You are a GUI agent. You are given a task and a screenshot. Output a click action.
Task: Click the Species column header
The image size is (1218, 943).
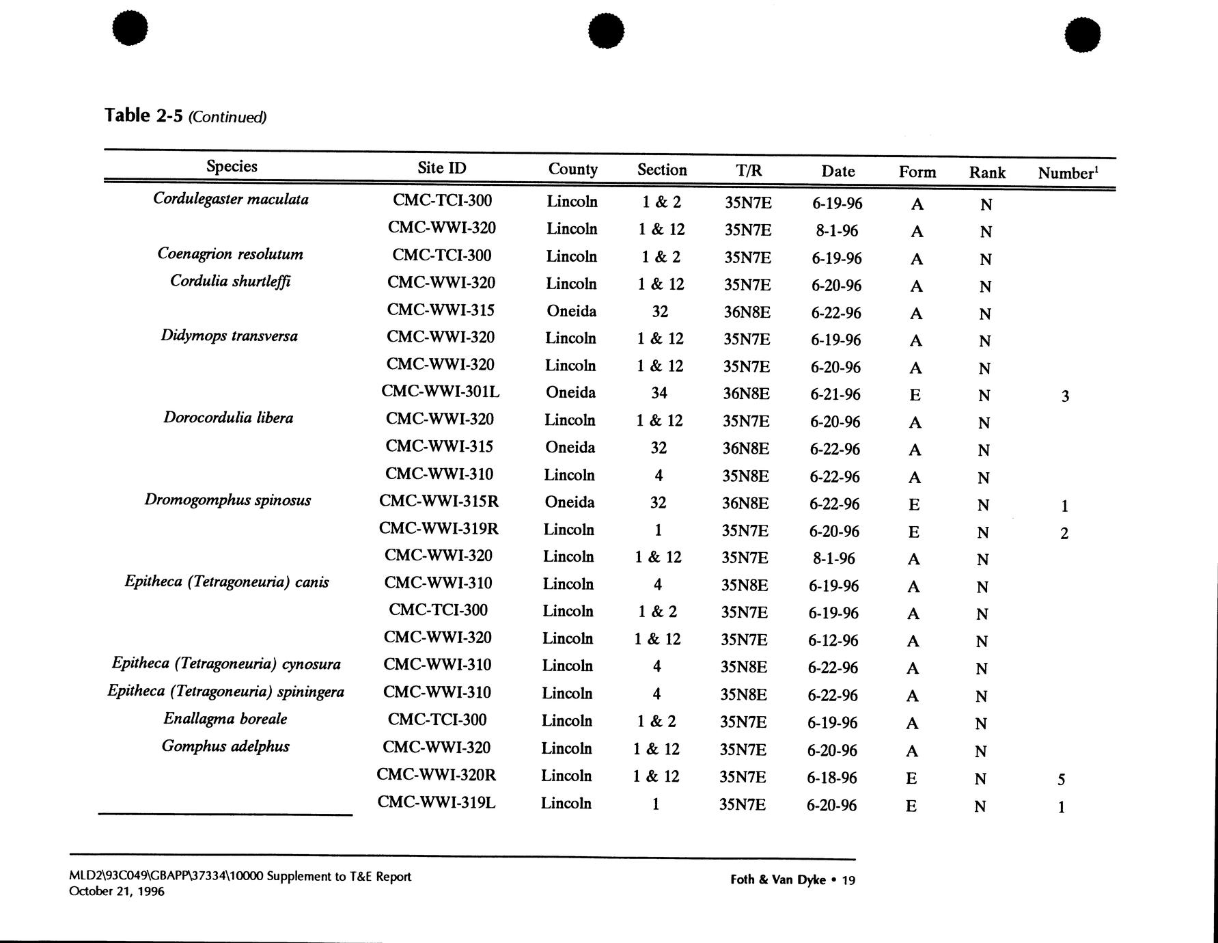point(232,166)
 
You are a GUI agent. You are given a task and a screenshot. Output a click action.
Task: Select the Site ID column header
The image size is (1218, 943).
point(441,168)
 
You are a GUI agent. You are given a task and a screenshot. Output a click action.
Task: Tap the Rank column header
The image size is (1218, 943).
point(986,172)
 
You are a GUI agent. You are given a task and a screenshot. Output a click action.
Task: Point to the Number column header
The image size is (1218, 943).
point(1068,173)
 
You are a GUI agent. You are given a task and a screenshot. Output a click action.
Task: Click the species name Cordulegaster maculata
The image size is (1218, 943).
point(231,199)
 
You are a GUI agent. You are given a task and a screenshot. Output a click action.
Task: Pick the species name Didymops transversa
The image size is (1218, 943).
point(229,336)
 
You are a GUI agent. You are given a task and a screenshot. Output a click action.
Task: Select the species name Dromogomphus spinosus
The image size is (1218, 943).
point(227,500)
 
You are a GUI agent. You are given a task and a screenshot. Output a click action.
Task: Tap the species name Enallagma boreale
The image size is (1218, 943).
point(225,719)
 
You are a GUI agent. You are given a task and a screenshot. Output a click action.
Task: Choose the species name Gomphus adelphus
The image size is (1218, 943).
point(225,746)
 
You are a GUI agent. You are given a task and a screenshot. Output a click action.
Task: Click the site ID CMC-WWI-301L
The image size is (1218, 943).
point(440,392)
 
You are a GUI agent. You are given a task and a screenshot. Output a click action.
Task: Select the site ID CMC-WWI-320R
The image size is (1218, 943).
point(436,775)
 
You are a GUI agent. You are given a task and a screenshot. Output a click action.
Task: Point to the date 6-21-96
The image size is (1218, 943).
point(835,394)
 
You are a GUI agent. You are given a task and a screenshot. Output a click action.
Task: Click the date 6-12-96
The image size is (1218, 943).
point(833,640)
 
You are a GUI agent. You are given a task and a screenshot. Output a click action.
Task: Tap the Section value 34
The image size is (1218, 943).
point(659,393)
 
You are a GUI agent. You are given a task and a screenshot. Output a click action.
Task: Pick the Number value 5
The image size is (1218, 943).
point(1061,779)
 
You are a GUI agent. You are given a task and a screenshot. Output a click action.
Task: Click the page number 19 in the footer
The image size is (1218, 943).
point(848,880)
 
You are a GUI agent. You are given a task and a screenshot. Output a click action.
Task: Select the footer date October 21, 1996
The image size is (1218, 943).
point(117,891)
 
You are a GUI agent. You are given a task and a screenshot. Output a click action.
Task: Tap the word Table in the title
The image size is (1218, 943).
point(127,115)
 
